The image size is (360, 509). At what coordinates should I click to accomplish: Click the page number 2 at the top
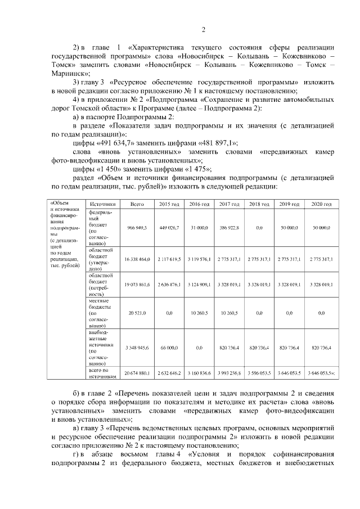tap(204, 30)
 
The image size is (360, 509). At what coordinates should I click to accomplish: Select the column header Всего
tap(137, 204)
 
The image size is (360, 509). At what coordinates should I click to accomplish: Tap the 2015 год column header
tap(169, 204)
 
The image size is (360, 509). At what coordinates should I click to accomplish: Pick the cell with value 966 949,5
tap(137, 227)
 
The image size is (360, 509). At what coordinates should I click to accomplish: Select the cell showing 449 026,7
tap(169, 227)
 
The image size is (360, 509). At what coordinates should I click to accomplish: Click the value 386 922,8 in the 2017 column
tap(229, 227)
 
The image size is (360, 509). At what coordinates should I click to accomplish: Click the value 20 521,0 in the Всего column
tap(137, 313)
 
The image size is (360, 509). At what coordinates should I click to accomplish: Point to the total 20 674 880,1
tap(137, 373)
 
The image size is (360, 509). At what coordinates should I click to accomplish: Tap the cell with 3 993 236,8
tap(229, 373)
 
